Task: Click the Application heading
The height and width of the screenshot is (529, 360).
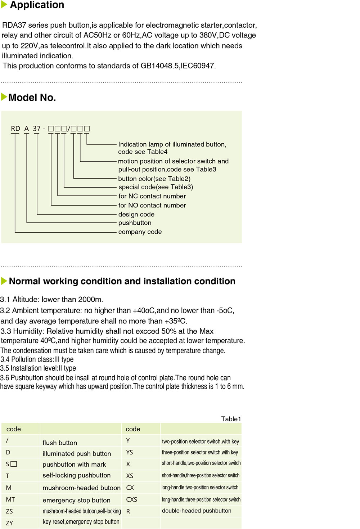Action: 37,5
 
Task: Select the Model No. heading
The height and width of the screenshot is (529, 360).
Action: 32,98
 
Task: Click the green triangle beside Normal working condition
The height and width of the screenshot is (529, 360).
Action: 4,281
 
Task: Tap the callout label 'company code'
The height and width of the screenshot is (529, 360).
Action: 140,232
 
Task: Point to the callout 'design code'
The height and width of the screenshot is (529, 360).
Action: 136,214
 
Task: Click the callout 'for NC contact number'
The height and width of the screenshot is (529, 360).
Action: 152,196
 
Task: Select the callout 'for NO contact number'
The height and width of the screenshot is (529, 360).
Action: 152,205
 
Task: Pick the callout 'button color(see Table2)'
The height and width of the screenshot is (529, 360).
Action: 154,179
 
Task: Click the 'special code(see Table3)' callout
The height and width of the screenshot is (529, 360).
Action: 156,187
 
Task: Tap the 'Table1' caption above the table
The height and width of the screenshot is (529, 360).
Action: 231,419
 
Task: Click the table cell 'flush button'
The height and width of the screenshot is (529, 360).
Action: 60,443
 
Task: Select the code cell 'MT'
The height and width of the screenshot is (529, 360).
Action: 10,499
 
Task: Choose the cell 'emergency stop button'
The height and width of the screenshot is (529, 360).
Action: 76,500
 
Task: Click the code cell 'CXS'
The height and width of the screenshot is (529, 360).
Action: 131,499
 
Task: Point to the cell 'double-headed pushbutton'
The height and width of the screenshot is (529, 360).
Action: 197,511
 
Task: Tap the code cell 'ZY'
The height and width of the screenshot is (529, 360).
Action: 9,523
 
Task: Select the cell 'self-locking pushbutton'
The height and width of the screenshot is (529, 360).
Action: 76,475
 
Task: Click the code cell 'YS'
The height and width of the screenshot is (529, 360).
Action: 130,452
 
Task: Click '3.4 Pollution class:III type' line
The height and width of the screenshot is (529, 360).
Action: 37,359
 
